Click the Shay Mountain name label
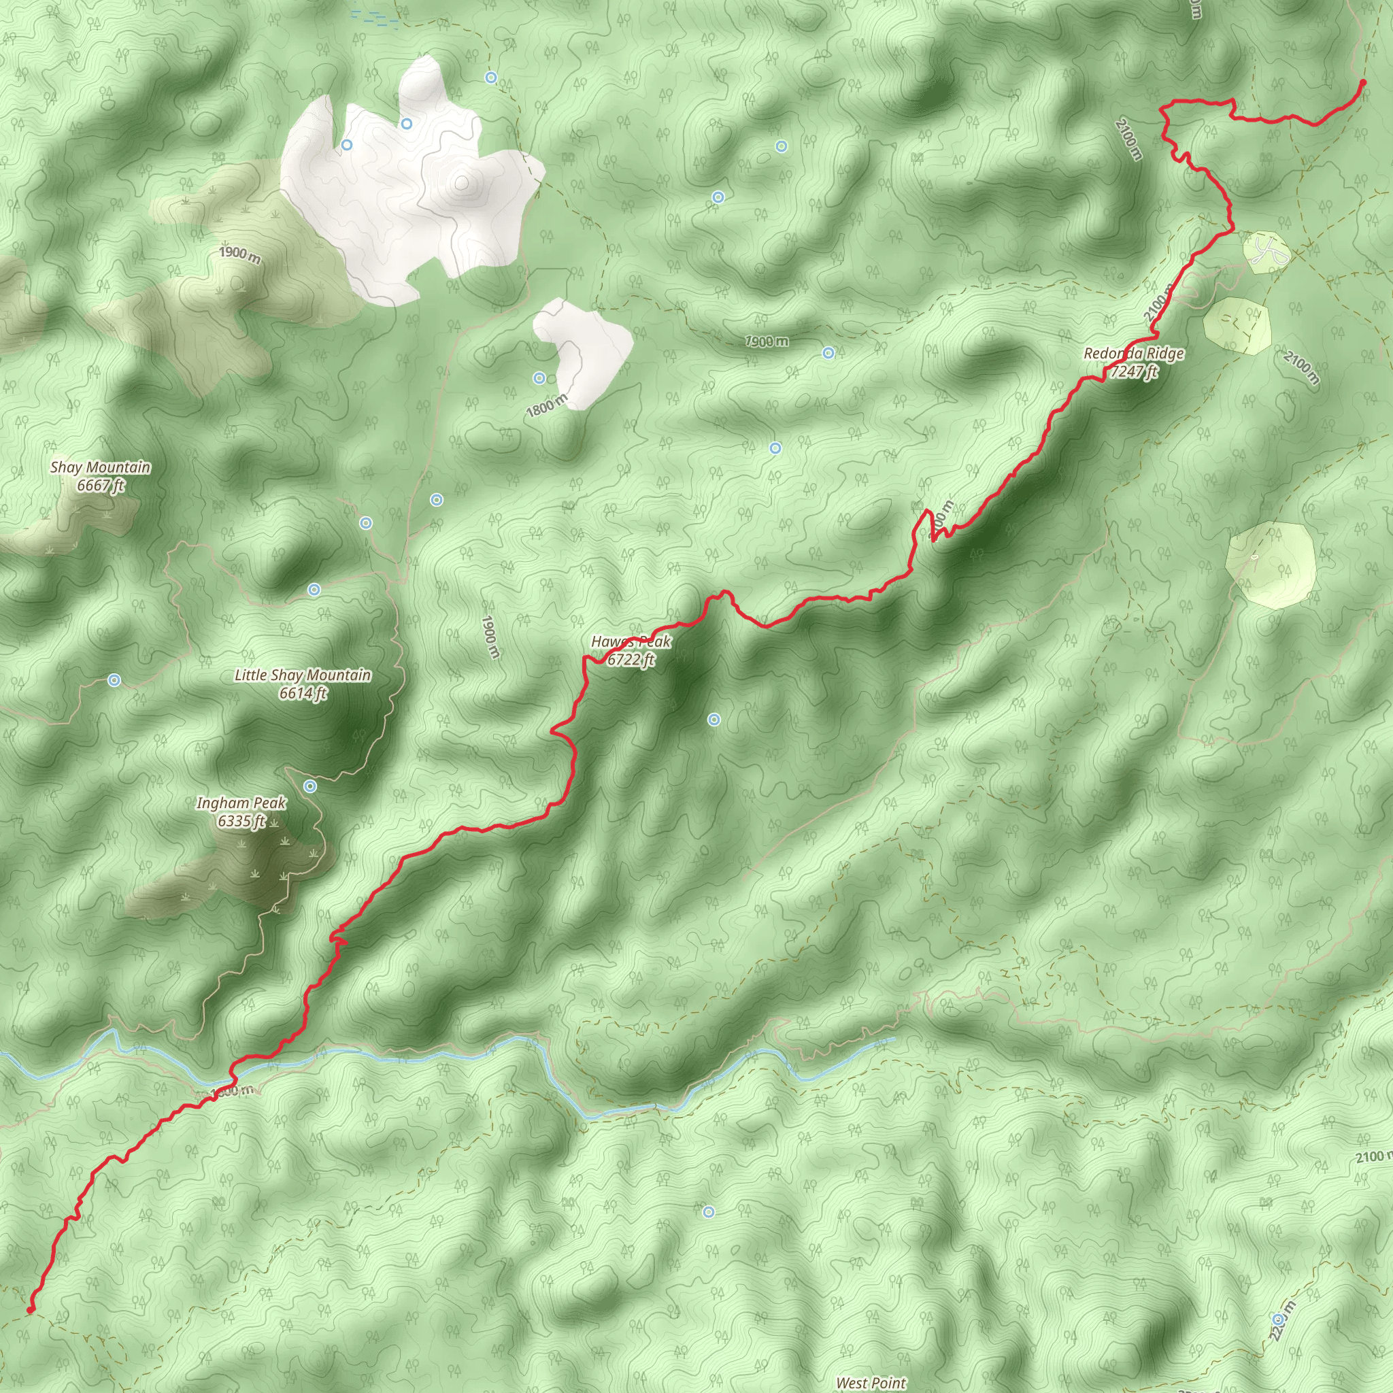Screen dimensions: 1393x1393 pos(100,467)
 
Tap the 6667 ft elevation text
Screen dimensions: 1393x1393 pos(101,485)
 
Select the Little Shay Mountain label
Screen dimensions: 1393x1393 pos(303,675)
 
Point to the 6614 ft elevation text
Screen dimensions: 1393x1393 pos(303,693)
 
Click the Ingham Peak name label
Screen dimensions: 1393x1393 pos(241,803)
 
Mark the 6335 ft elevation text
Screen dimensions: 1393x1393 pos(241,820)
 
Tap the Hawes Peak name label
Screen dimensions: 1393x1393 pos(631,641)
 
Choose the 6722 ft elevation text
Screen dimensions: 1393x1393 pos(631,659)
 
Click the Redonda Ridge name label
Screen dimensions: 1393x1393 pos(1133,353)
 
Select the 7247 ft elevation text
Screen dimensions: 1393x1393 pos(1134,371)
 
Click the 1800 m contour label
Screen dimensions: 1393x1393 pos(547,406)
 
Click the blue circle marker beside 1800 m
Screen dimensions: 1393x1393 pos(539,379)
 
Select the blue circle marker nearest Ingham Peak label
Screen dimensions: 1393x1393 pos(310,786)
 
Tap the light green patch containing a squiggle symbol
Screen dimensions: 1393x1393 pos(1266,252)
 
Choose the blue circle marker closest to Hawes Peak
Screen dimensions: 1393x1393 pos(714,719)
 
